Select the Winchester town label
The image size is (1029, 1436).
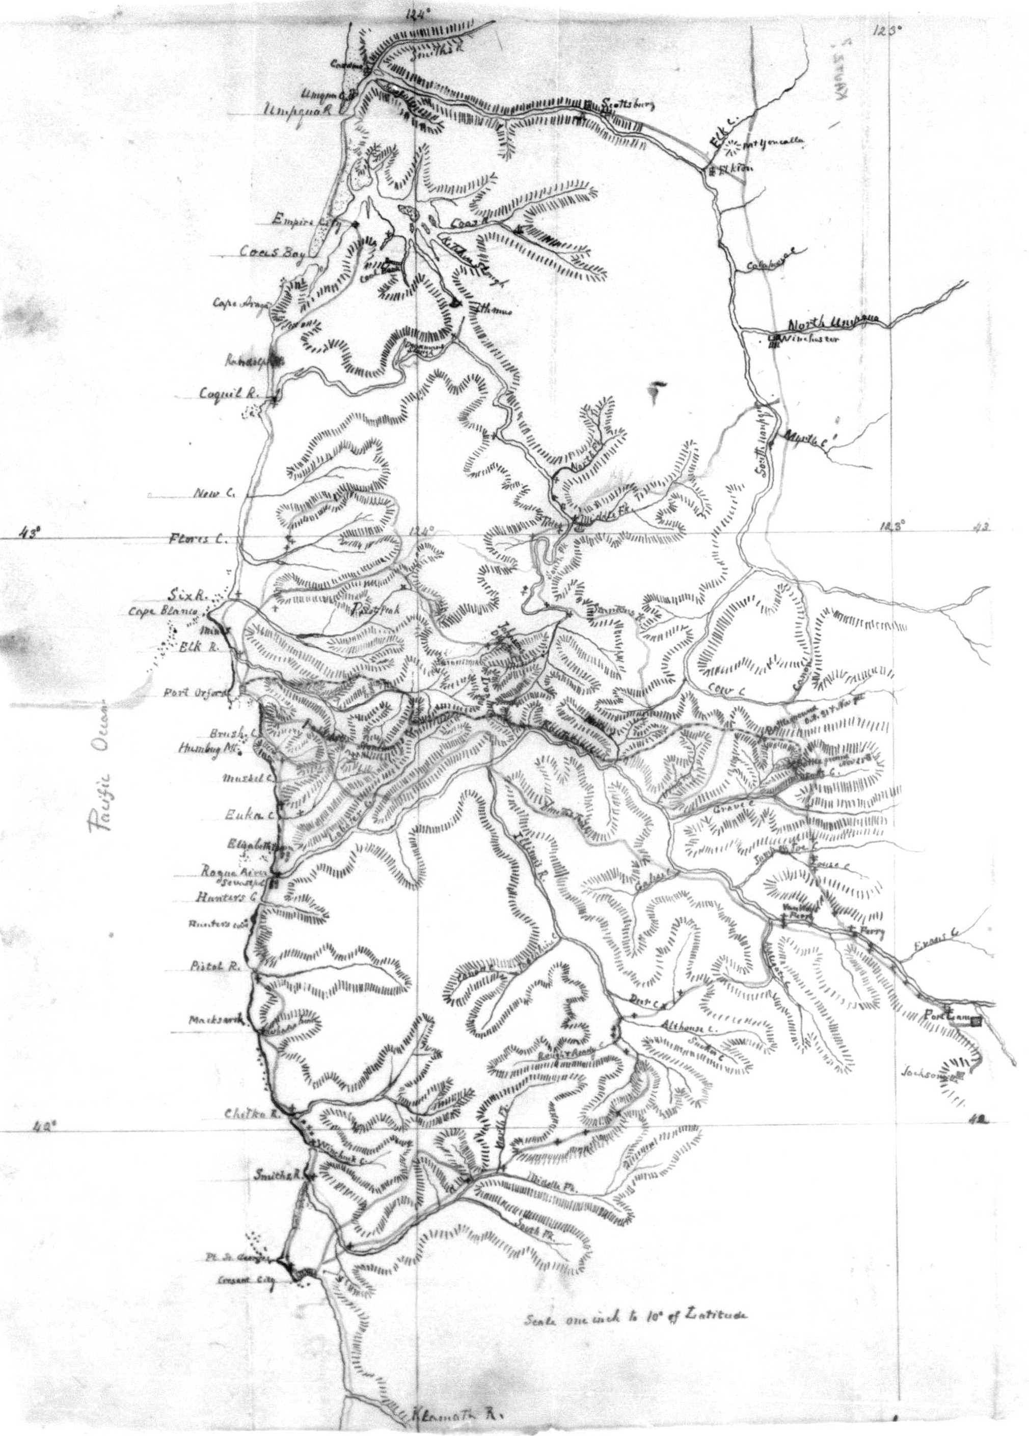810,341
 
